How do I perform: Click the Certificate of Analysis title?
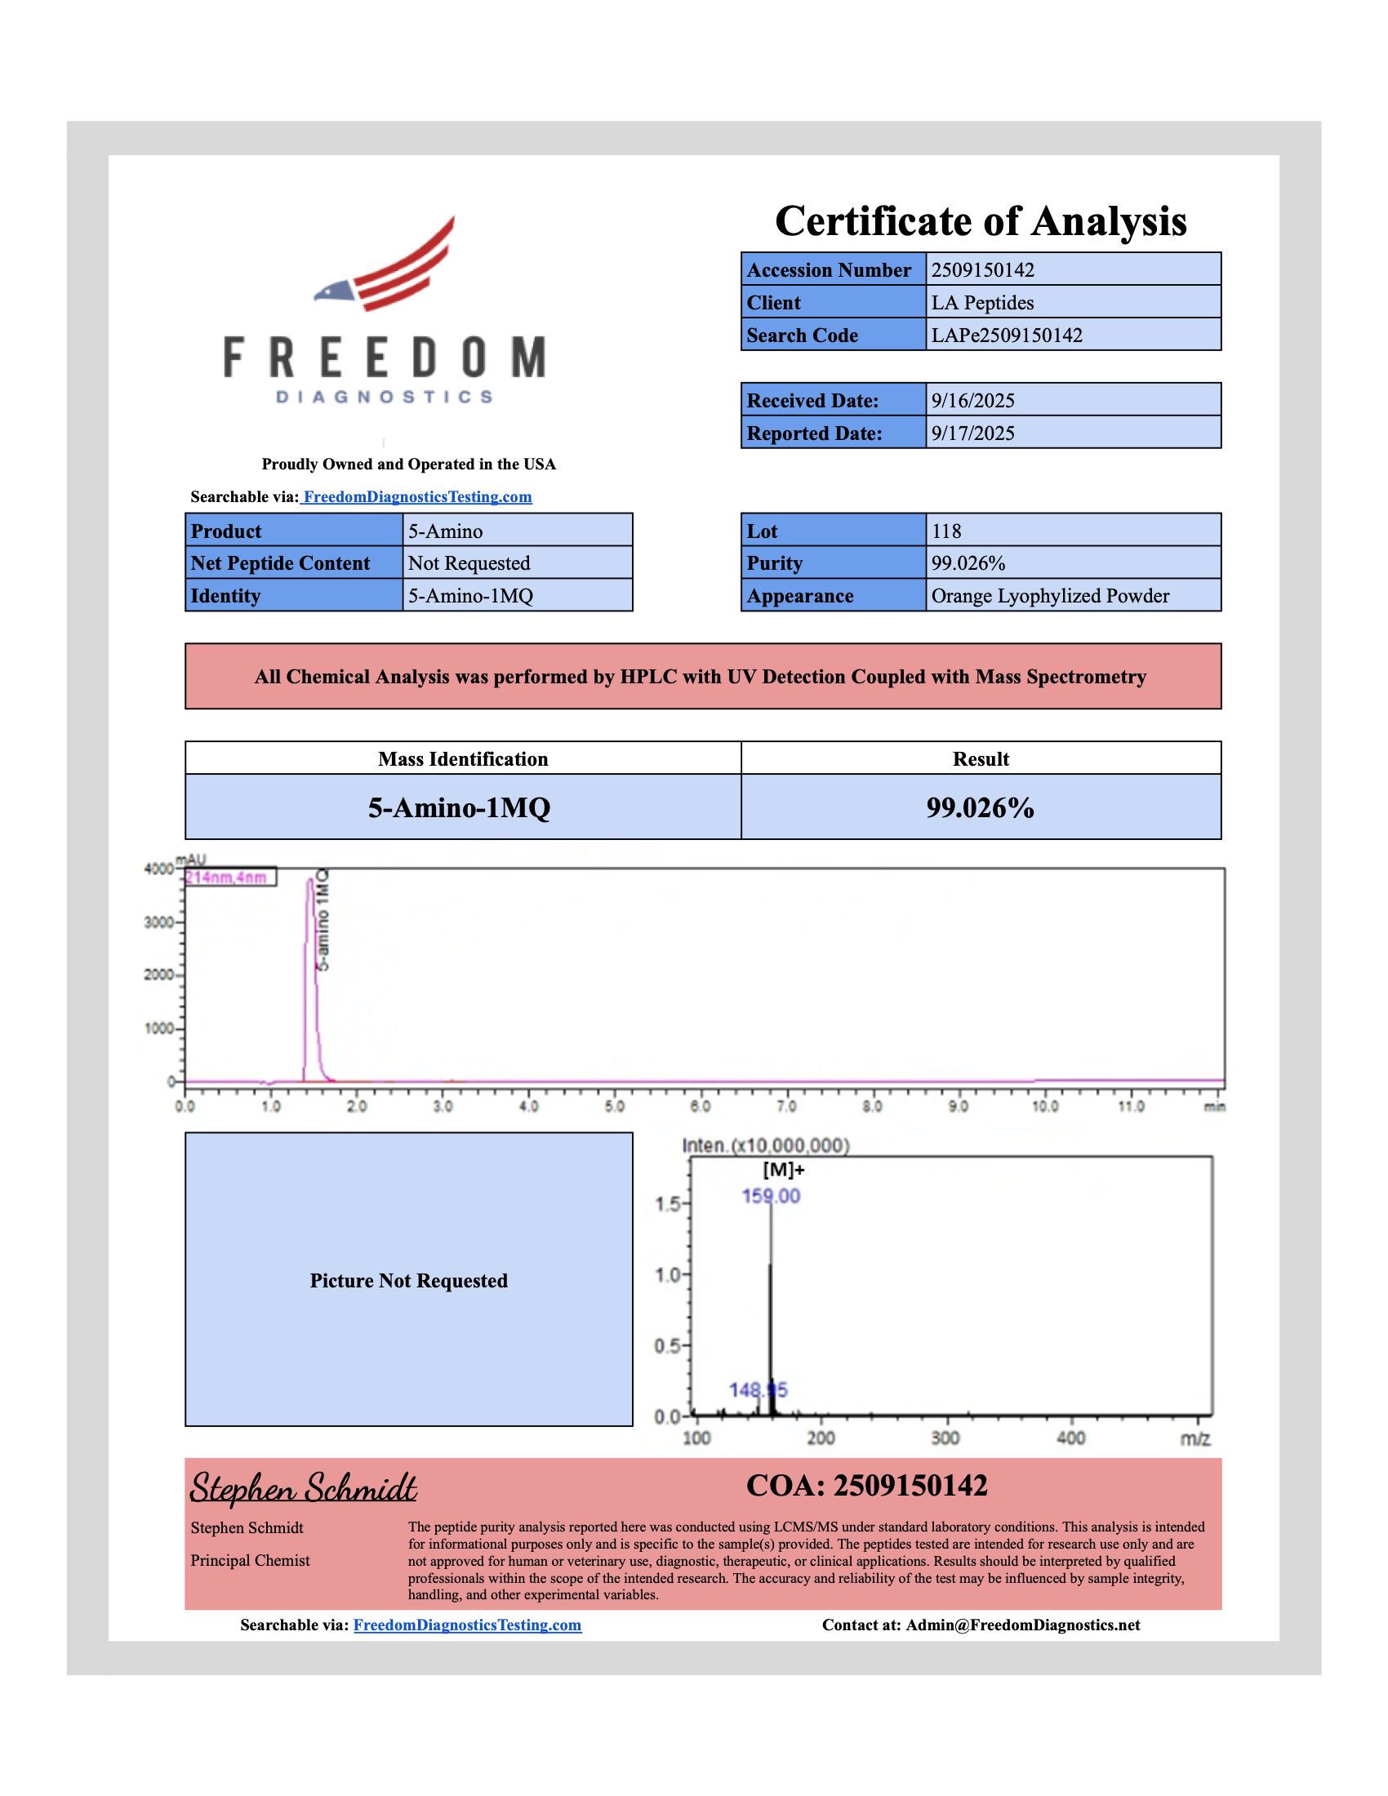pos(980,221)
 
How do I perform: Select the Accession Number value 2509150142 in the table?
pos(982,269)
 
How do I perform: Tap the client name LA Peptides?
pos(981,303)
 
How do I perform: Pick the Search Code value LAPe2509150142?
pos(1007,336)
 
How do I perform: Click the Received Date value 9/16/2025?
pos(972,401)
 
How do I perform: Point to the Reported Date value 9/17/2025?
pos(972,433)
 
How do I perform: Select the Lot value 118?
pos(945,531)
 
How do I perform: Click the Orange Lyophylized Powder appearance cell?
pos(1049,596)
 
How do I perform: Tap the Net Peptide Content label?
pos(280,563)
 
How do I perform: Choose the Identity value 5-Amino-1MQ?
pos(470,596)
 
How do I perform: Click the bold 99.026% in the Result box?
pos(980,807)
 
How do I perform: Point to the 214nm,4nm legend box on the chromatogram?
pos(229,878)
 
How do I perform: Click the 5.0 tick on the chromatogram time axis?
pos(614,1106)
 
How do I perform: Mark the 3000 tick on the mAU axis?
pos(158,922)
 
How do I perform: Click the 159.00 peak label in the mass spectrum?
pos(771,1196)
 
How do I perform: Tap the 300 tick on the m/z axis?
pos(945,1438)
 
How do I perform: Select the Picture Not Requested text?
pos(409,1280)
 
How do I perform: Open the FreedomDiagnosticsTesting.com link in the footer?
pos(467,1625)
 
